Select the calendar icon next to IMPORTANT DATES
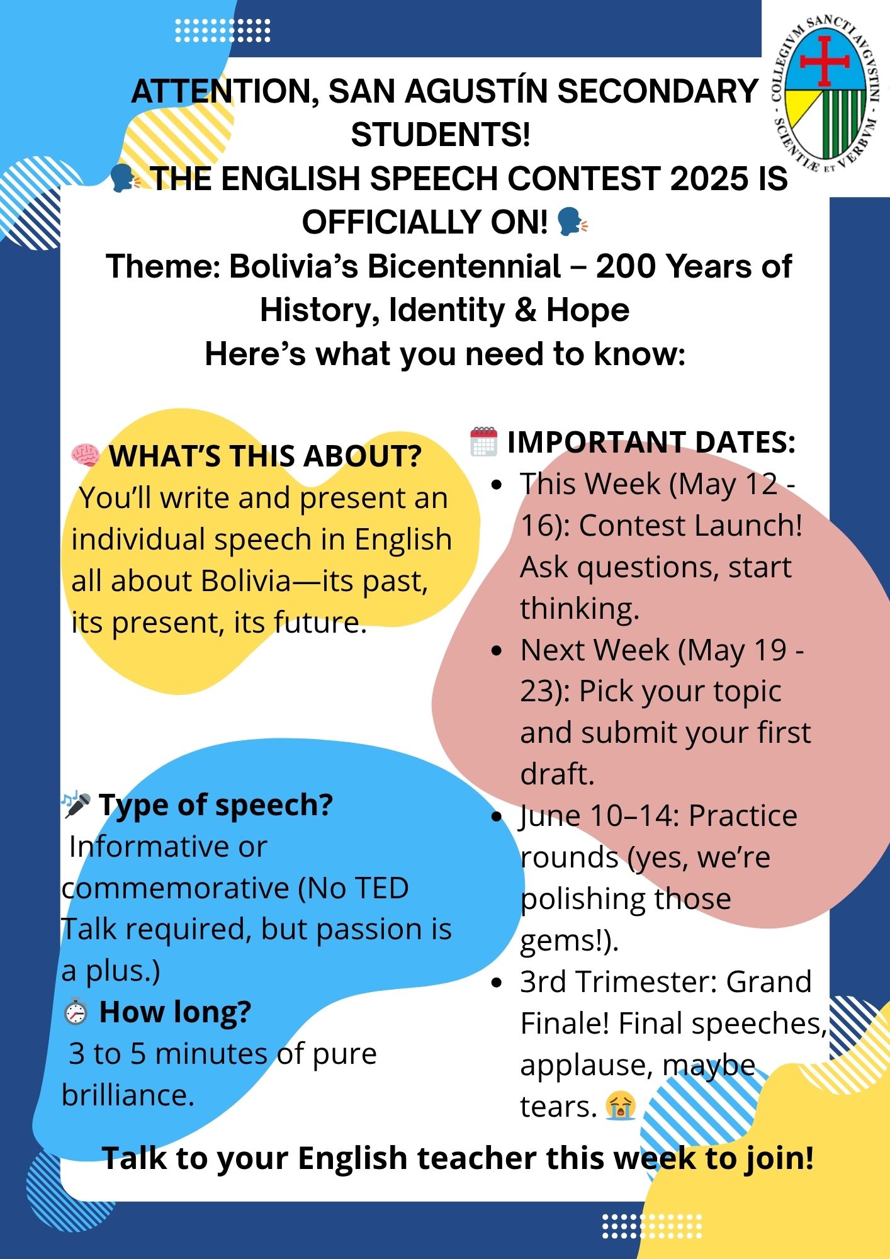(484, 441)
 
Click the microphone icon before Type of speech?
(76, 805)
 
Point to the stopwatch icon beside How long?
(76, 1012)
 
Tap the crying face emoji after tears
(621, 1106)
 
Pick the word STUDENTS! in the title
(441, 135)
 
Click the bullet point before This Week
(498, 485)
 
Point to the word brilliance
(128, 1095)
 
